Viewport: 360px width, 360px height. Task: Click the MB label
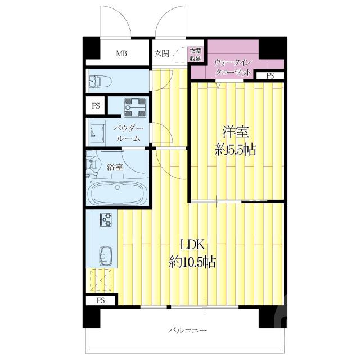[121, 55]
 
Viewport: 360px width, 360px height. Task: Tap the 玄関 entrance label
[161, 54]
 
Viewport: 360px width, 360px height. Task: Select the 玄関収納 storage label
[196, 55]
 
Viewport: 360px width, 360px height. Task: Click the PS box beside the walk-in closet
[271, 75]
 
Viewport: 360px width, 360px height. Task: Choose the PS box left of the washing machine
[96, 105]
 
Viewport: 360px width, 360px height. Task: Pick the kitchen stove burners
[105, 220]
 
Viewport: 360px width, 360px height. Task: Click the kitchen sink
[105, 256]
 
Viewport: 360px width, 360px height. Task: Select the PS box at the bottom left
[100, 301]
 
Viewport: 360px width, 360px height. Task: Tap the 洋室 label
[236, 133]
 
